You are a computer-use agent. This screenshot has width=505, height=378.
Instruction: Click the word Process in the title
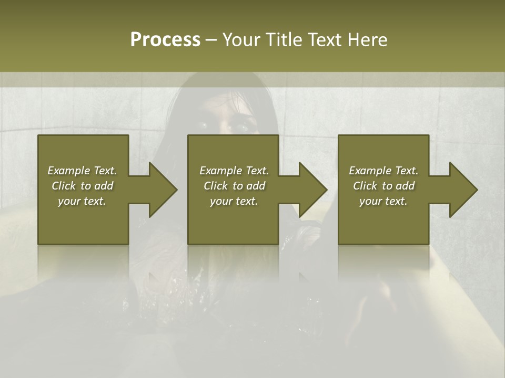pos(165,40)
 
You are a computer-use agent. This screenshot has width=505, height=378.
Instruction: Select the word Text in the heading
pos(325,40)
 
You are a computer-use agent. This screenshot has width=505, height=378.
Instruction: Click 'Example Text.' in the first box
pos(82,171)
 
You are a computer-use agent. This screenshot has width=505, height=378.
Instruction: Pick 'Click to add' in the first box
pos(82,186)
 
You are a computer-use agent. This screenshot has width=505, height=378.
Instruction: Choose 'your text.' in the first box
pos(82,201)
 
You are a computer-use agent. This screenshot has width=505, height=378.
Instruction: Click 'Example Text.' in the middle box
pos(234,171)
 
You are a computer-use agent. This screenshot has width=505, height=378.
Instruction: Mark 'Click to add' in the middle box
pos(234,186)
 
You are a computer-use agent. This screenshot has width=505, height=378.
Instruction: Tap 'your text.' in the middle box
pos(234,201)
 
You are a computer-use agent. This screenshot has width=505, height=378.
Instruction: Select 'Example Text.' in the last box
pos(383,171)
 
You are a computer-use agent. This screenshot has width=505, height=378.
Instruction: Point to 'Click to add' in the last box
pos(383,186)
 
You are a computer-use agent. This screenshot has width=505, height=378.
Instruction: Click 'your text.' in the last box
pos(383,201)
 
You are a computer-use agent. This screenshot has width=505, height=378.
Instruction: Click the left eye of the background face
pos(204,125)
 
